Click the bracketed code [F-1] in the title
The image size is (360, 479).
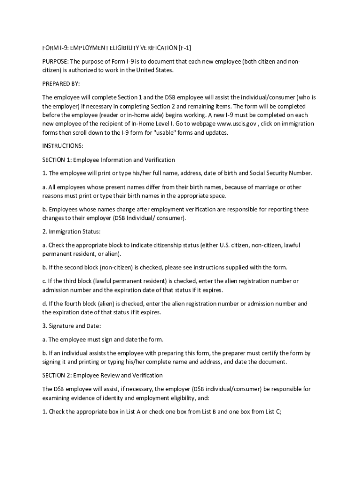[185, 48]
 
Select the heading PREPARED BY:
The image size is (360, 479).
[61, 84]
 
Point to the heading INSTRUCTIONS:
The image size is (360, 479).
[63, 146]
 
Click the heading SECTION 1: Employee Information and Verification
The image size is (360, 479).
[108, 160]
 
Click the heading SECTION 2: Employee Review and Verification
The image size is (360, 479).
[102, 375]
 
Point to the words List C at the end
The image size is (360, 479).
[272, 412]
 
